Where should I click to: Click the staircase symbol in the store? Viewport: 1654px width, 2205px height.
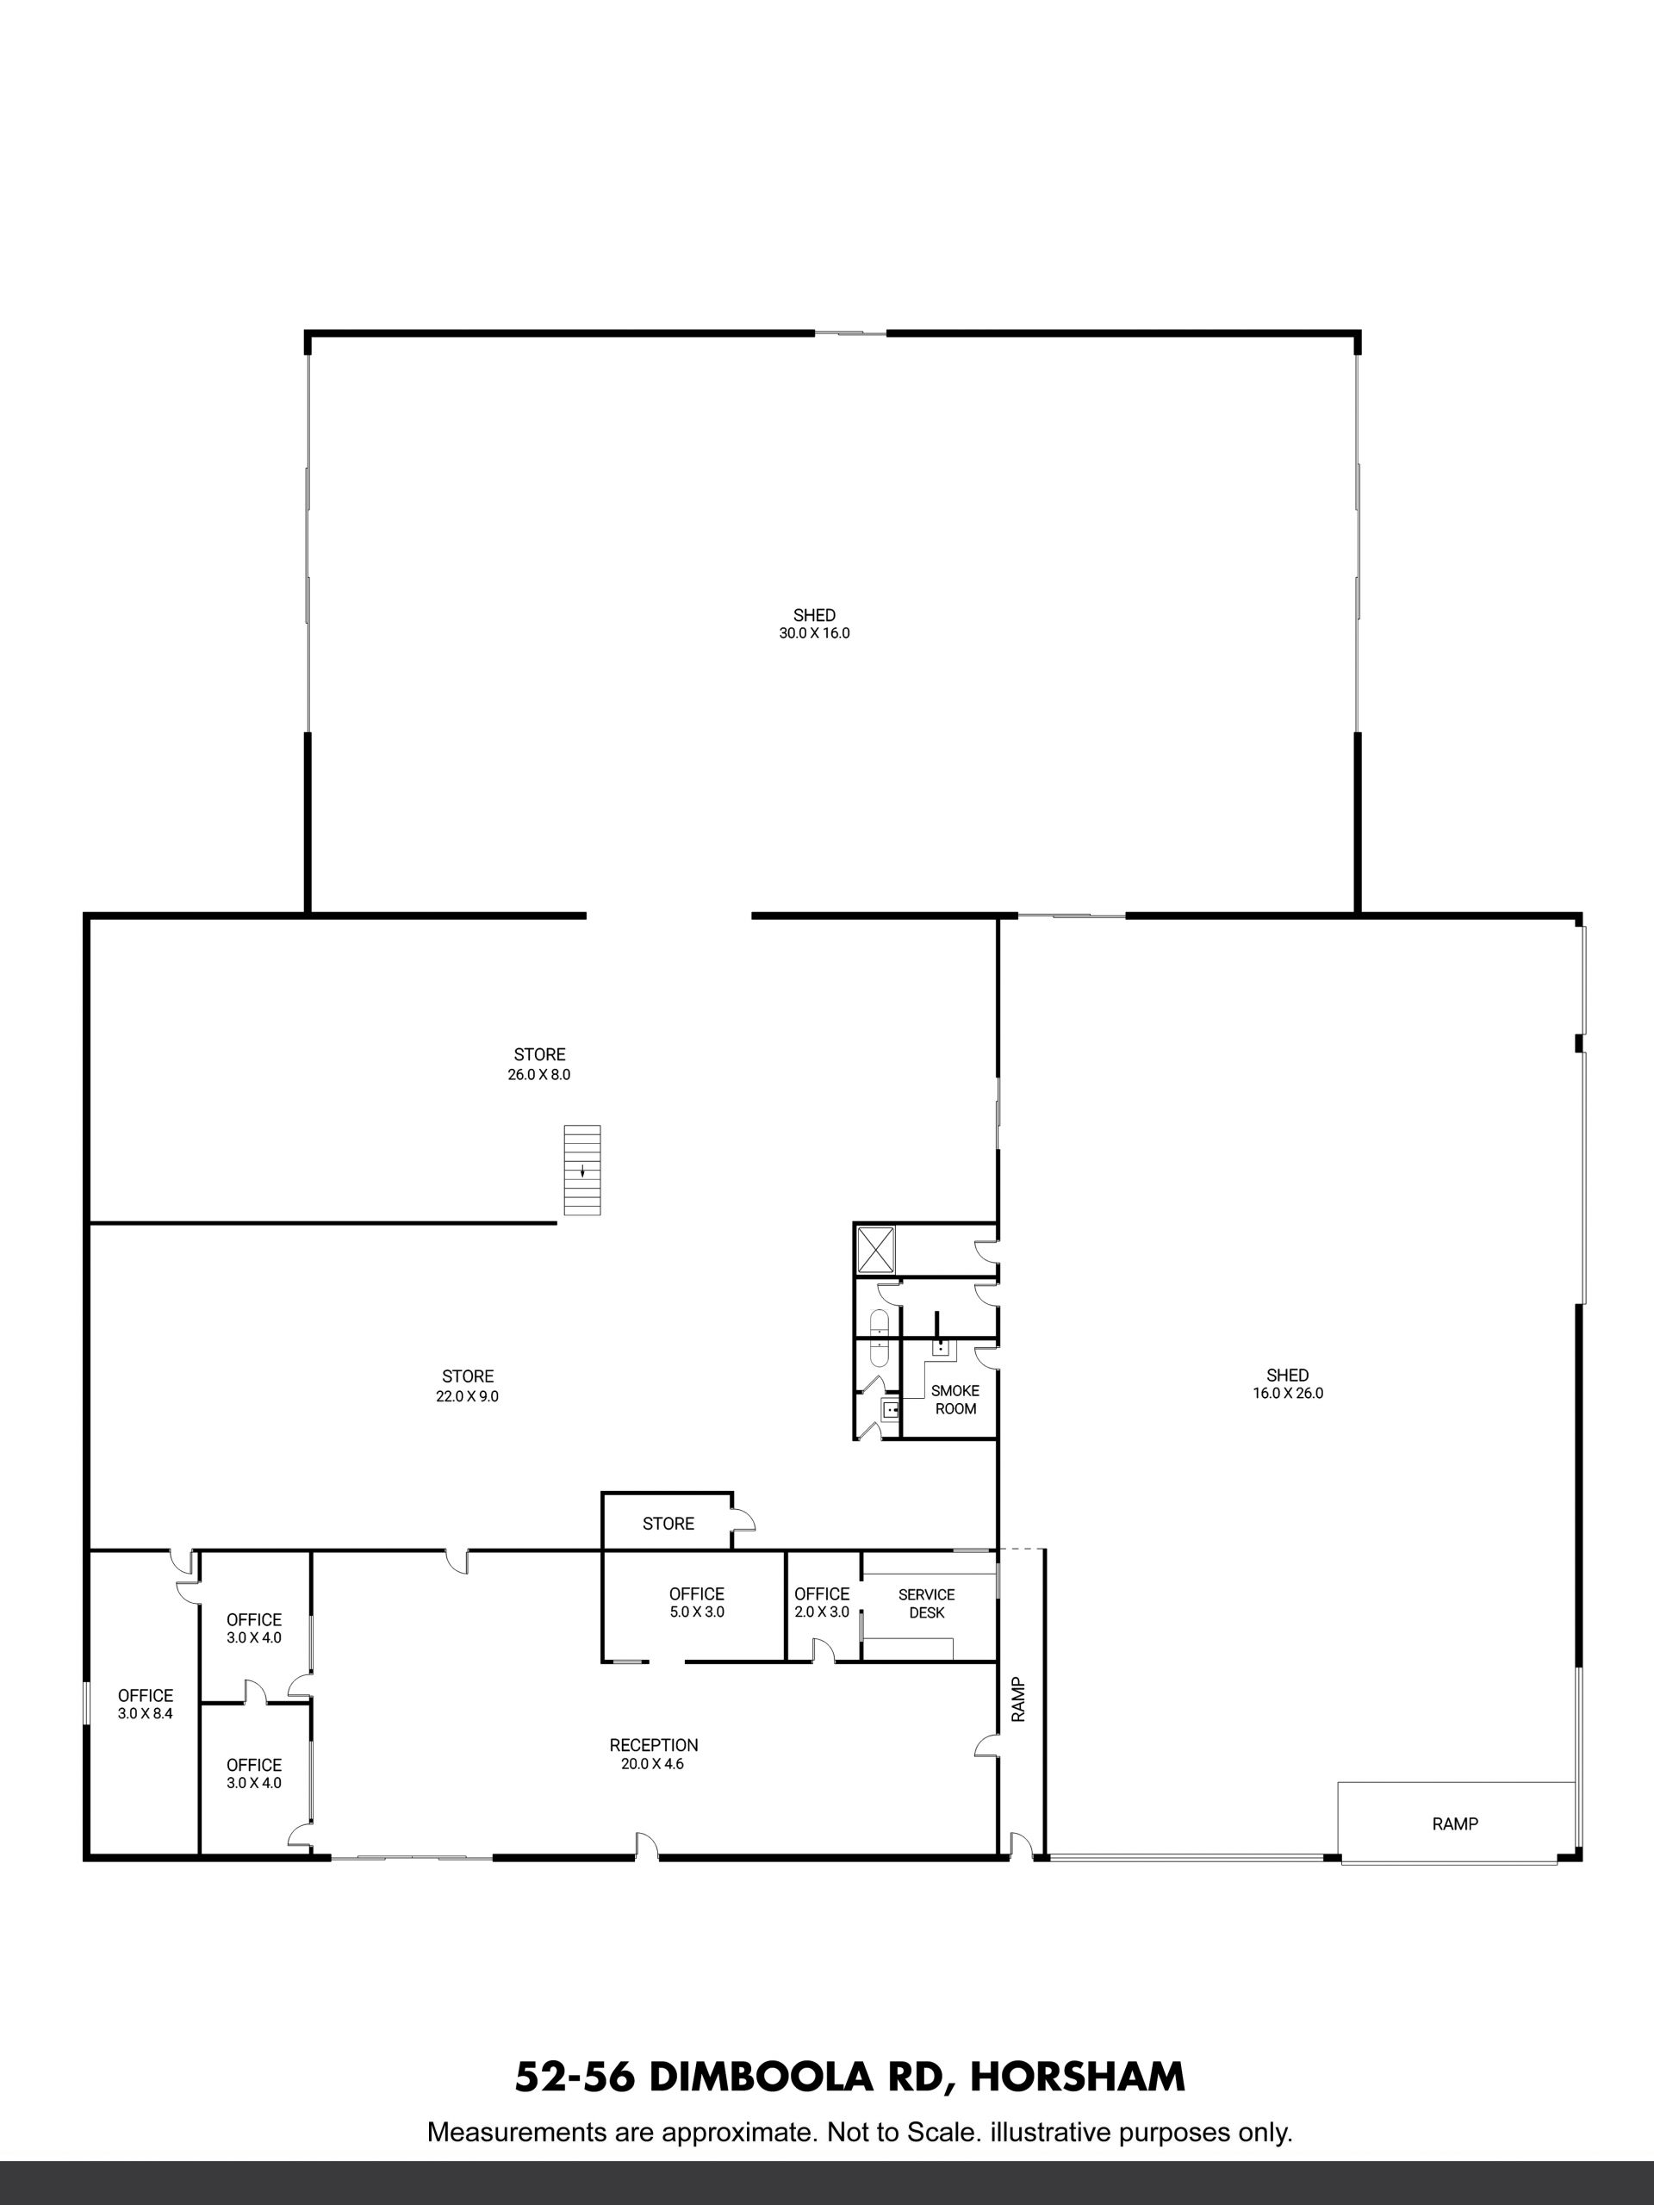(582, 1170)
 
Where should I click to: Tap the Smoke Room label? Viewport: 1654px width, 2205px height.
(955, 1400)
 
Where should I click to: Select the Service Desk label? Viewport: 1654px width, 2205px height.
(926, 1604)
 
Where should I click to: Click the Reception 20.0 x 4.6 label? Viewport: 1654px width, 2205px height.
(654, 1754)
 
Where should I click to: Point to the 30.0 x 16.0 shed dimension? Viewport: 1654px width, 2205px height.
(815, 633)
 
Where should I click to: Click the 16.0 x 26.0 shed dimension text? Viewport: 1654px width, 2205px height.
(1288, 1394)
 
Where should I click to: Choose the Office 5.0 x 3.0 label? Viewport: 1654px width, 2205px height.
(697, 1603)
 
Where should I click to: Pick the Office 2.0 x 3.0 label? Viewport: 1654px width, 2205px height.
(822, 1603)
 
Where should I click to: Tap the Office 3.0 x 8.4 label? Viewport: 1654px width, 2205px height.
(146, 1705)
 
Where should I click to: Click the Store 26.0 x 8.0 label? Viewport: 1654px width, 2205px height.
(539, 1065)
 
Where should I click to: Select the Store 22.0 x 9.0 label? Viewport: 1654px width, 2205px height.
(468, 1387)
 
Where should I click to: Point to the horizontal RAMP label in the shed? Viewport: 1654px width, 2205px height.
(1456, 1824)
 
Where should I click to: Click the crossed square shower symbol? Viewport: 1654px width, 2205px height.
(876, 1250)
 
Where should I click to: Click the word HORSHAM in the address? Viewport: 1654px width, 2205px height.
(1078, 2078)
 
